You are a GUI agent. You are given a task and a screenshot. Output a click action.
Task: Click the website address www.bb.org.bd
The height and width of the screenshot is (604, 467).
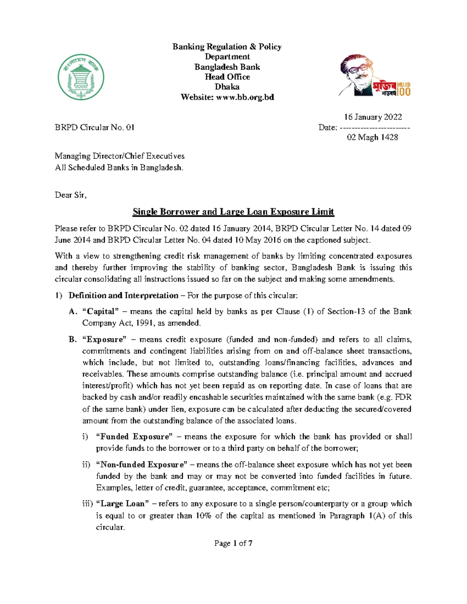(246, 97)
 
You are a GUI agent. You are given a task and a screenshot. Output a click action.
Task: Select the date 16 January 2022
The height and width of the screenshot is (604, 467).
(373, 117)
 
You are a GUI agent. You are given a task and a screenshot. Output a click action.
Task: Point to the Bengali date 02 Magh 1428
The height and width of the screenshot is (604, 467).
(372, 137)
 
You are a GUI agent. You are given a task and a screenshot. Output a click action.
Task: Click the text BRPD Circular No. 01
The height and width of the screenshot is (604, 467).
(95, 128)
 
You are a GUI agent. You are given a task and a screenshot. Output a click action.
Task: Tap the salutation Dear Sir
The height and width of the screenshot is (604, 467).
(70, 195)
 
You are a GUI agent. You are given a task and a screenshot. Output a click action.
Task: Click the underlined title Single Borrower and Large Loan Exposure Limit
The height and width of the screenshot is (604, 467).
(233, 212)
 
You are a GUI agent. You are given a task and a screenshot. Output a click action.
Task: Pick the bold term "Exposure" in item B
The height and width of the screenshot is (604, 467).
(104, 340)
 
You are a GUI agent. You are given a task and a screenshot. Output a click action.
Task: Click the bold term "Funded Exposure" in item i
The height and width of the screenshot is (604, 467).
(134, 437)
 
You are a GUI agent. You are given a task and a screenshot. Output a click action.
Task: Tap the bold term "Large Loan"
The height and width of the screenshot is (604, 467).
(122, 504)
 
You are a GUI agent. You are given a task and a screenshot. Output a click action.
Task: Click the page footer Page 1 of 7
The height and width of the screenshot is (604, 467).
(233, 543)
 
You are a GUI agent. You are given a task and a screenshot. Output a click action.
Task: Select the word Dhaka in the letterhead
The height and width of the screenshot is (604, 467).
(227, 87)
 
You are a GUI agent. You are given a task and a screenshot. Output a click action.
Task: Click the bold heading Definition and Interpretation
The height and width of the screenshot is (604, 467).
(123, 296)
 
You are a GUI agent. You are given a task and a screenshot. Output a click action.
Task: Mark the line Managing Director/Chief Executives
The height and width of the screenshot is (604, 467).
(119, 156)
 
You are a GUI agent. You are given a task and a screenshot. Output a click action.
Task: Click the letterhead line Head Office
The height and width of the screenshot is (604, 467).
(227, 77)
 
